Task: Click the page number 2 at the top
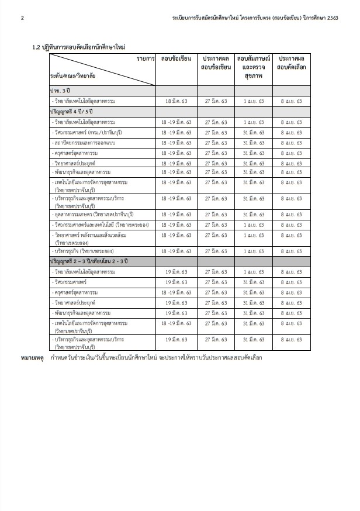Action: coord(22,18)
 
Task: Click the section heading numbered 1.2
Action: coord(79,46)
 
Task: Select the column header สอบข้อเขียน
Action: coord(176,60)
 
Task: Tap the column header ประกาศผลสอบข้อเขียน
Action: coord(216,64)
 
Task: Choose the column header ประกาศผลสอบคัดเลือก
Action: coord(291,64)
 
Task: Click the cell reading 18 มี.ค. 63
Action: coord(176,101)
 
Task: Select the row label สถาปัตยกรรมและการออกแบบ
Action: coord(89,143)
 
